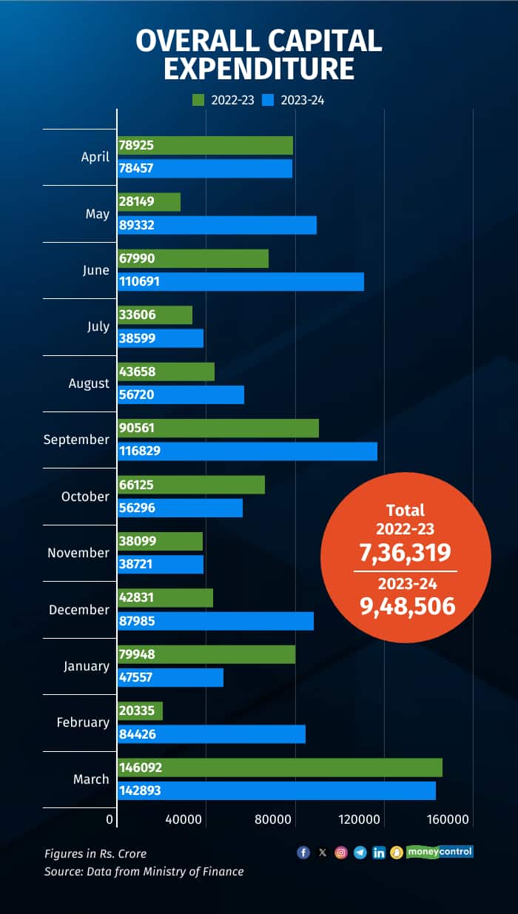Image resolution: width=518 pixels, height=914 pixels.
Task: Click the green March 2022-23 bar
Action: point(280,767)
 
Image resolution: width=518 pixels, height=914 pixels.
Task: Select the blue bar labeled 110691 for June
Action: point(240,281)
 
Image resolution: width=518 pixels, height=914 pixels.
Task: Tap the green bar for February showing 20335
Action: point(140,711)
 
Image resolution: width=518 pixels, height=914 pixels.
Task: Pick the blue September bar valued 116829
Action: point(247,451)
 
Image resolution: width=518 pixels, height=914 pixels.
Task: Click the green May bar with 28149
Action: point(149,202)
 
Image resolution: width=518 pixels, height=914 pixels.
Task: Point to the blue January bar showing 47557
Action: point(170,677)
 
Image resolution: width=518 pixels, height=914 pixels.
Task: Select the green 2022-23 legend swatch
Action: point(198,100)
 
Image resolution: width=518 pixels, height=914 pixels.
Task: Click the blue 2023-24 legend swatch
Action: point(270,100)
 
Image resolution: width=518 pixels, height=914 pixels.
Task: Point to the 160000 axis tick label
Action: point(448,819)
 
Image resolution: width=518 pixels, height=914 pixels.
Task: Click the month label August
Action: point(89,383)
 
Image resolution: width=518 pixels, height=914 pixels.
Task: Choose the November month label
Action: point(78,553)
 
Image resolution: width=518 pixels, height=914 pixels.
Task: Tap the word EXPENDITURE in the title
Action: point(259,68)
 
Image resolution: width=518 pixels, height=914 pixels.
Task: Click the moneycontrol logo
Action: point(440,852)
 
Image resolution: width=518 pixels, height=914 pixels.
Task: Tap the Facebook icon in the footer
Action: point(303,853)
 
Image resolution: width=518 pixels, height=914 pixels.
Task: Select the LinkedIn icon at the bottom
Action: point(379,853)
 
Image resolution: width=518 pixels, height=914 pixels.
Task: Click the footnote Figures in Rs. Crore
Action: point(95,853)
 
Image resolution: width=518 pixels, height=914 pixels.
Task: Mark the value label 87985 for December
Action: point(137,621)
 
